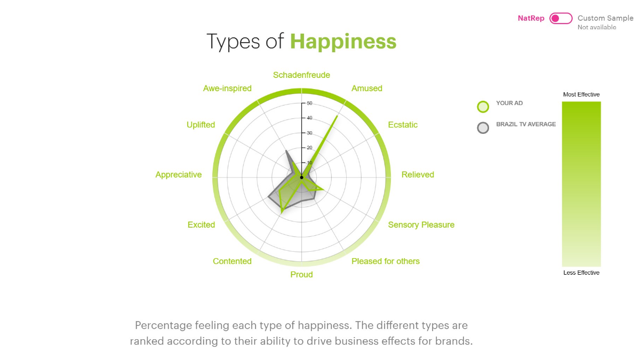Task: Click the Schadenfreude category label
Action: tap(301, 75)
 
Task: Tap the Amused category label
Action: tap(366, 89)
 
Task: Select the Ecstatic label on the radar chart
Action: tap(403, 125)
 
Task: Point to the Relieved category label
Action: tap(418, 174)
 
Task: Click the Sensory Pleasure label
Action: tap(421, 225)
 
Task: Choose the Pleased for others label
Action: tap(386, 261)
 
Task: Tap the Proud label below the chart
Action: tap(301, 275)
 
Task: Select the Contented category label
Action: tap(232, 261)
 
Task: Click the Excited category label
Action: tap(201, 225)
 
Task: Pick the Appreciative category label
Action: tap(179, 174)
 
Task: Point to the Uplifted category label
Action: tap(201, 125)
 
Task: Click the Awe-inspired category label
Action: tap(227, 89)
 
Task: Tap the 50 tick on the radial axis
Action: tap(309, 103)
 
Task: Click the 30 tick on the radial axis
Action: tap(309, 133)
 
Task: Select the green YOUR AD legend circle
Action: tap(483, 107)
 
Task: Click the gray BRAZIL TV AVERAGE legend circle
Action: tap(483, 127)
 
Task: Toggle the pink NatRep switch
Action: tap(561, 18)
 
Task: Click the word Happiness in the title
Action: tap(343, 42)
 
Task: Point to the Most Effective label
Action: tap(581, 94)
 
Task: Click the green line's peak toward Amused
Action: tap(338, 116)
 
